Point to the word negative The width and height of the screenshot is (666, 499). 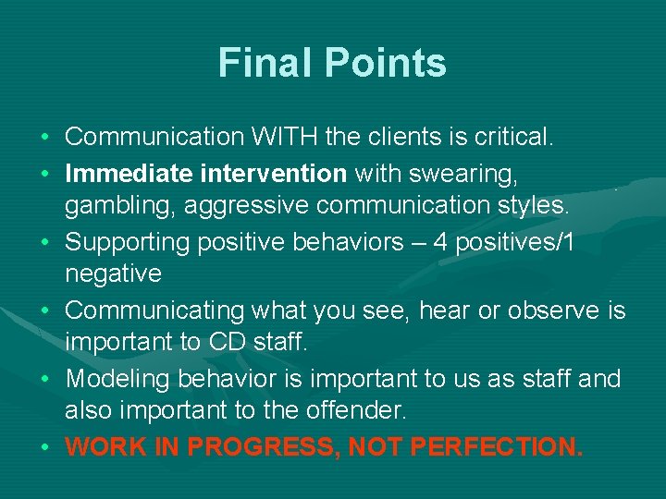113,274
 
